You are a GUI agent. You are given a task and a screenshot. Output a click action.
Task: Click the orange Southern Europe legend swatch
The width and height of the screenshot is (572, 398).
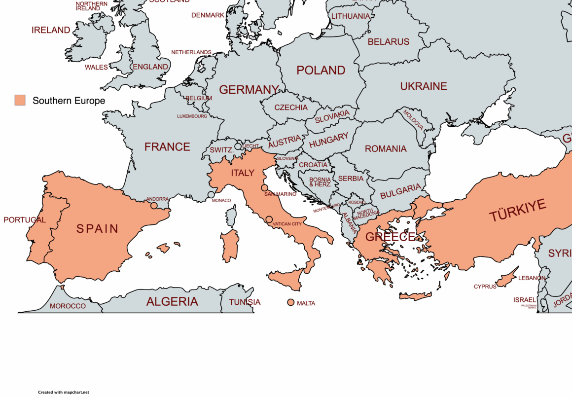(x=20, y=101)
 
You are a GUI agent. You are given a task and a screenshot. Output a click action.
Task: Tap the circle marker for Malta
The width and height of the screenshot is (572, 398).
(x=290, y=302)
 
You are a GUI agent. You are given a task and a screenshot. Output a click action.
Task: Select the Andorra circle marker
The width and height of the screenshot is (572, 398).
(x=154, y=205)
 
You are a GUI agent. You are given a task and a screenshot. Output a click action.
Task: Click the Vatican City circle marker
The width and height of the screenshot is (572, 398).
(x=269, y=219)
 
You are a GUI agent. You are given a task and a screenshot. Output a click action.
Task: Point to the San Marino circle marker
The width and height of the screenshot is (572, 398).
(x=265, y=188)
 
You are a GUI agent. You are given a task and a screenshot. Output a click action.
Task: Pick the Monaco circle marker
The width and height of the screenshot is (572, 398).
(x=211, y=195)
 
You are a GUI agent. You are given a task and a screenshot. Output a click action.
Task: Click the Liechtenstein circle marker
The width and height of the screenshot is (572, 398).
(x=238, y=146)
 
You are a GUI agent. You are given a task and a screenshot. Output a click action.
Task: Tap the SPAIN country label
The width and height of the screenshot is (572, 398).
(x=97, y=229)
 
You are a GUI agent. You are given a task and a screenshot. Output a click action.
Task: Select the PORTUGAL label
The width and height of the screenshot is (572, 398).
(x=25, y=220)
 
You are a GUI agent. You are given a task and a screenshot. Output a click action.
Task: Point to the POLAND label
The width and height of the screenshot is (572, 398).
(x=321, y=71)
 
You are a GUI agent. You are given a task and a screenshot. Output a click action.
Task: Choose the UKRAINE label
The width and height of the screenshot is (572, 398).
(x=423, y=86)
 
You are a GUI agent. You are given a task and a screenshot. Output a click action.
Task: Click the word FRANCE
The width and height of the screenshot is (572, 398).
(x=167, y=147)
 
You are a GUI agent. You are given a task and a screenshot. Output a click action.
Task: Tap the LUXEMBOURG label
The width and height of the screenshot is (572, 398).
(x=192, y=116)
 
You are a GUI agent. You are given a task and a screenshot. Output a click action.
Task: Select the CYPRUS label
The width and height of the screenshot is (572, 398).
(x=485, y=287)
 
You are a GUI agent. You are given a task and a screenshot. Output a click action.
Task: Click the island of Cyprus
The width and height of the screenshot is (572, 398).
(x=505, y=279)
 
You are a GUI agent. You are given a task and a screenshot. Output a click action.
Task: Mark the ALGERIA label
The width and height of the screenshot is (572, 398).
(x=172, y=302)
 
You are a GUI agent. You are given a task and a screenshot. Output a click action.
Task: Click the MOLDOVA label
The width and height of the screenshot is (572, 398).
(x=413, y=120)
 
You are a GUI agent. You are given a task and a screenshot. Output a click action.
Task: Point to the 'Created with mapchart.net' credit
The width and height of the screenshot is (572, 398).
(x=63, y=393)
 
